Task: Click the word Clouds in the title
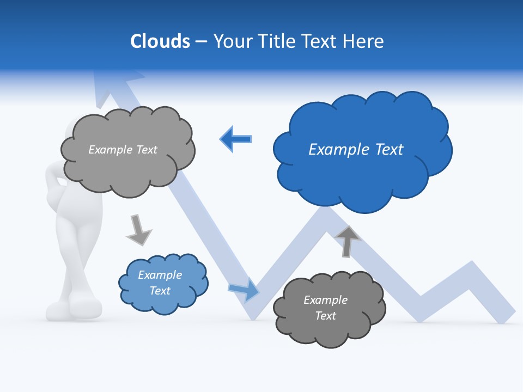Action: (160, 41)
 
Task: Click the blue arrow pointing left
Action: (235, 139)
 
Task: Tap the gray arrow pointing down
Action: (138, 229)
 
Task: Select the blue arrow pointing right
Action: (244, 290)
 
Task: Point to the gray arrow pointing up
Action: (348, 240)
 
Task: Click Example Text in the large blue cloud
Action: (356, 149)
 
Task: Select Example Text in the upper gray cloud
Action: (123, 150)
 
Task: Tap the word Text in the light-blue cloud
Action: (160, 291)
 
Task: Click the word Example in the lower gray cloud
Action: (325, 300)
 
